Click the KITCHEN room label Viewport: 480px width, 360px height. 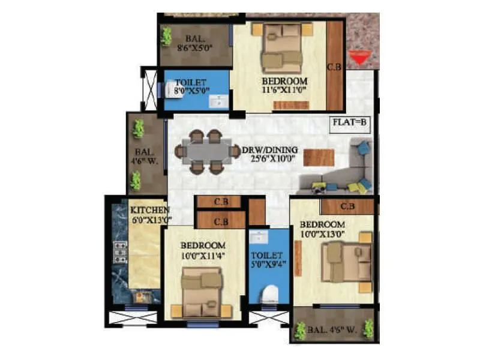(149, 210)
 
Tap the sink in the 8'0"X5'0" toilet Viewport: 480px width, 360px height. (220, 101)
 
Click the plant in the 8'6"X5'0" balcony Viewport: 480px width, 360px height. (166, 35)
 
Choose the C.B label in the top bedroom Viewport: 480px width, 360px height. (334, 68)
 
